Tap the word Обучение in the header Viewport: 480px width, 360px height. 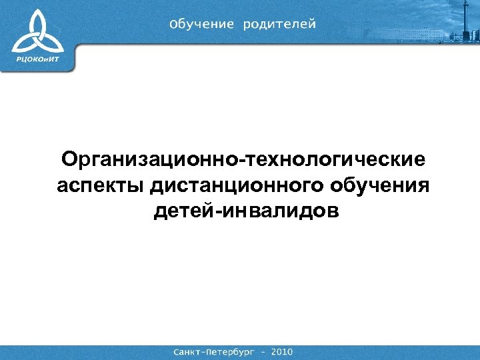click(x=202, y=25)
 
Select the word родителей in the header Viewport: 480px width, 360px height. click(x=279, y=25)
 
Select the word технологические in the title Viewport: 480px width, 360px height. click(x=337, y=160)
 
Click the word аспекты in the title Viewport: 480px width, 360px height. click(x=101, y=186)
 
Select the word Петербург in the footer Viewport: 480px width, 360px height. click(x=231, y=351)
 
